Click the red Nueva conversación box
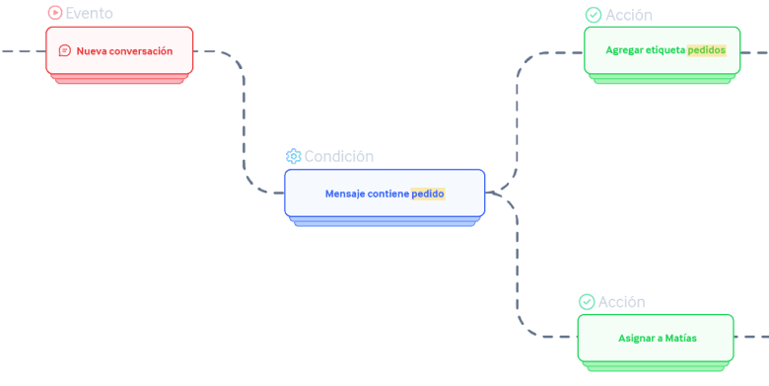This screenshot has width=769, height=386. point(119,50)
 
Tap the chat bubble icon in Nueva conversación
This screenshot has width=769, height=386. point(65,50)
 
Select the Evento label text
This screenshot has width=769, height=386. point(90,13)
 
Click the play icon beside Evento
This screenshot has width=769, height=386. point(55,13)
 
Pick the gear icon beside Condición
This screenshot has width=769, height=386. point(293,156)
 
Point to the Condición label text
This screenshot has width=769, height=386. point(339,157)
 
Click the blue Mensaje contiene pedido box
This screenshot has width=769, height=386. point(384,193)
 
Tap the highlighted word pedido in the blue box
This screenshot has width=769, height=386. point(428,193)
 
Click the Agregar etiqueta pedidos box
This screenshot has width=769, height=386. point(663,50)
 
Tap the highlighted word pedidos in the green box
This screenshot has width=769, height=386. point(706,50)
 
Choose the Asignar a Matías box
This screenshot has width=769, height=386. point(656,338)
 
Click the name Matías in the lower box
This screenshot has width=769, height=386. point(680,338)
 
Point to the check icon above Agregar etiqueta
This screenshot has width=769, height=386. point(594,15)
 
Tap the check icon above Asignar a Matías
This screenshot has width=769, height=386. point(587,301)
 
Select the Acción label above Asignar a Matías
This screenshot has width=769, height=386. point(622,301)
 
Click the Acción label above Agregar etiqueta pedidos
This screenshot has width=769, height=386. point(629,15)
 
